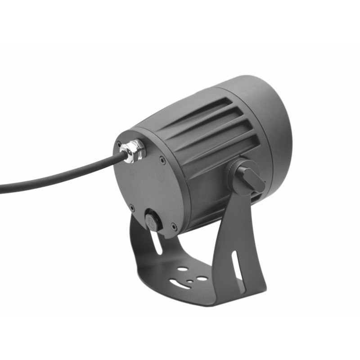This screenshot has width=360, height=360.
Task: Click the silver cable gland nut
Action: pos(133,150)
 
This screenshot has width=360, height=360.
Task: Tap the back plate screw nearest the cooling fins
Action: pos(162,158)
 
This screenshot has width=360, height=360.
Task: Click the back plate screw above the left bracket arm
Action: pos(131,207)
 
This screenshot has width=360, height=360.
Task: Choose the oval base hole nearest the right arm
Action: pos(202,279)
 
